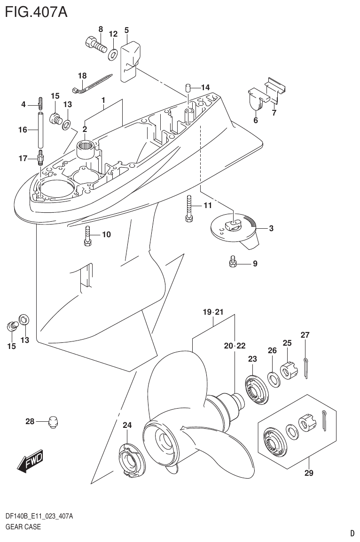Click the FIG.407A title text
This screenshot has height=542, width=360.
point(36,11)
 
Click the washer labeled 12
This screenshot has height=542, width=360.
point(113,54)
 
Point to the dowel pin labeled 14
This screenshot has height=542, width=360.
point(187,86)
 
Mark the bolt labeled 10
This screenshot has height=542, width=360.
point(87,235)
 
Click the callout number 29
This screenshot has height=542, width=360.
point(308,473)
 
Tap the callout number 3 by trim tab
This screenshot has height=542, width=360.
point(271,229)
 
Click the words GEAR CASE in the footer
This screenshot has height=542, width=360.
point(23,527)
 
